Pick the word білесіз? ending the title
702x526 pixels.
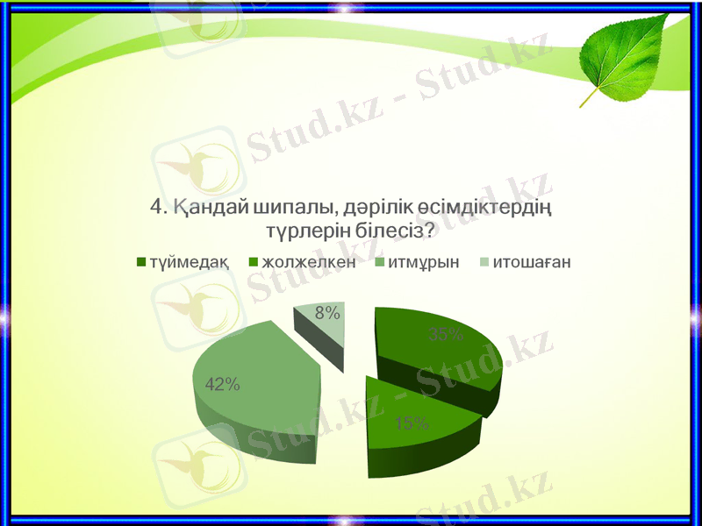393,231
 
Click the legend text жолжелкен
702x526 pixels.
309,261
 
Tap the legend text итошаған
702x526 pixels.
532,261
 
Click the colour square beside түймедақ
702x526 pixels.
141,261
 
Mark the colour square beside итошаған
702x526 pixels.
484,261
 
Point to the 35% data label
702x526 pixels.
445,334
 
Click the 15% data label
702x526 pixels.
412,424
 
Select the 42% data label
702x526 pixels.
222,383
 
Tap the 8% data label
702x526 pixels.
328,312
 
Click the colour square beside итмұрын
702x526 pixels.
379,261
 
